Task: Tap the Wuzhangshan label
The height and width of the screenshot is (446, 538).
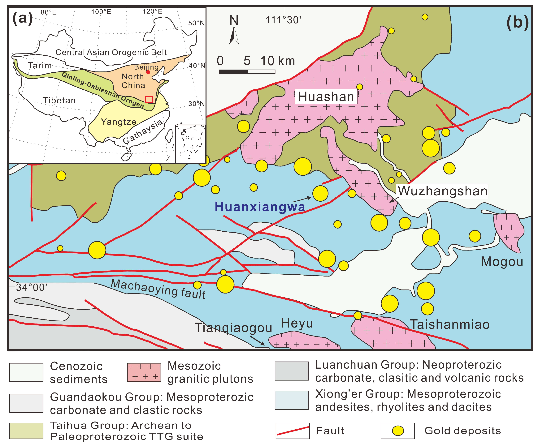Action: (442, 191)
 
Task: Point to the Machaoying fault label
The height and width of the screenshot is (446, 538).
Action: (158, 289)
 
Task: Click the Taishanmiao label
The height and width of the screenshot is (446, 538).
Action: (450, 324)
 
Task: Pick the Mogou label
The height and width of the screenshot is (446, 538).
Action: (502, 262)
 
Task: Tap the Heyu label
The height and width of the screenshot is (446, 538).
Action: (297, 323)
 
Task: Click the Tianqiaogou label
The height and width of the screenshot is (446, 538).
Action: (233, 328)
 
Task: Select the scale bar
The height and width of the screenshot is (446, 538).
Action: (247, 72)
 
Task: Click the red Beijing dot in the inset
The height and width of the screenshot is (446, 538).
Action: (148, 72)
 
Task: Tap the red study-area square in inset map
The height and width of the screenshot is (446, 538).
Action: (149, 99)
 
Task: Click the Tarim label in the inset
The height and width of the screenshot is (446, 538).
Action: (40, 66)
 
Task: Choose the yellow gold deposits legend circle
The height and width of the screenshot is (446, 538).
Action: (398, 431)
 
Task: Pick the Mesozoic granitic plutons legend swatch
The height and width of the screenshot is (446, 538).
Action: (144, 372)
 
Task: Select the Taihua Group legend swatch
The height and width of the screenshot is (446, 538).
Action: (26, 431)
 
